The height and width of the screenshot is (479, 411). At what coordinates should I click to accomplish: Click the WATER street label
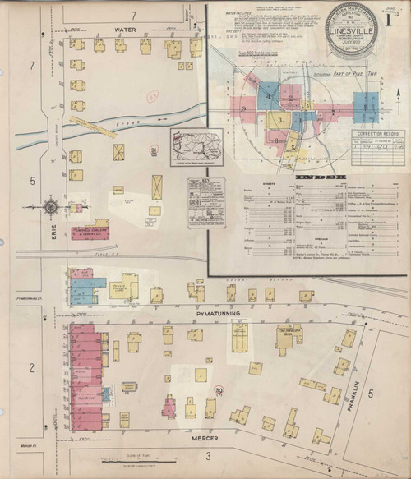click(x=124, y=30)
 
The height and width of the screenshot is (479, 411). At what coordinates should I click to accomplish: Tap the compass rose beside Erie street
click(x=51, y=206)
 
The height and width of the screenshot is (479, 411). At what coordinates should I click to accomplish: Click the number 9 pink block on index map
click(x=242, y=105)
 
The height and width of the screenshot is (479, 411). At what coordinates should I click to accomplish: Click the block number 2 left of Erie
click(x=31, y=366)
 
